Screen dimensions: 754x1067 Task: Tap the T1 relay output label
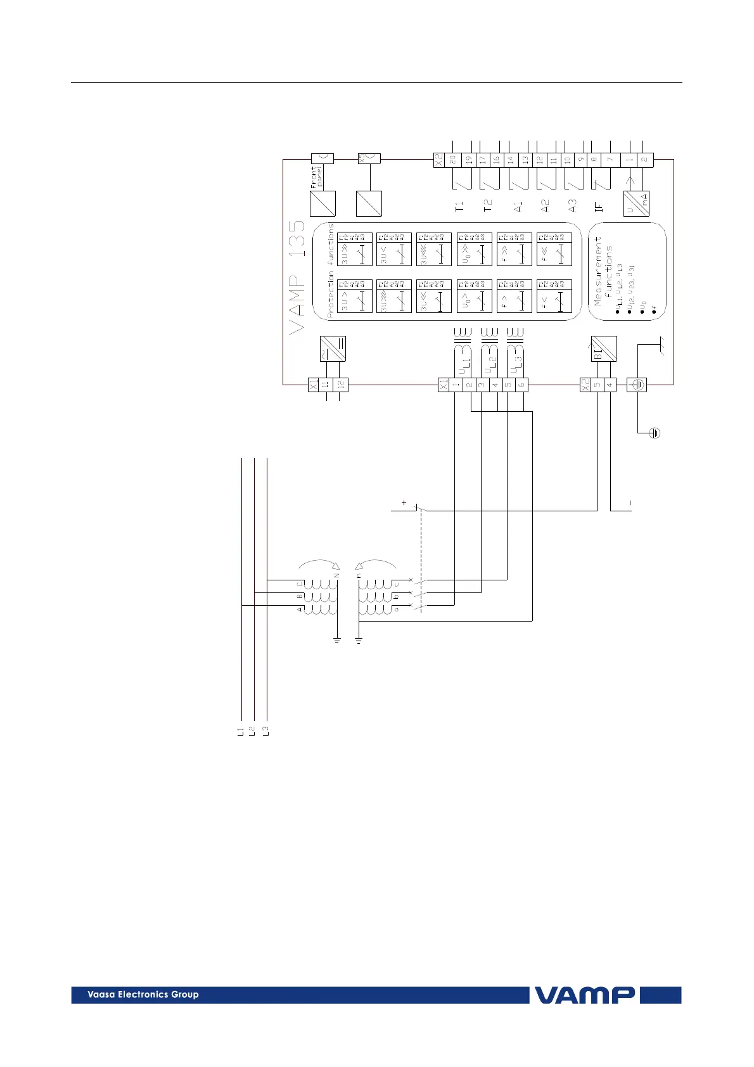pyautogui.click(x=460, y=206)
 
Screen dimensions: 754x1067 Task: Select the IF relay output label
pyautogui.click(x=599, y=206)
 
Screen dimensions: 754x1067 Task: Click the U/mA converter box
pyautogui.click(x=636, y=203)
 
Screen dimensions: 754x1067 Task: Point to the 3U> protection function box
pyautogui.click(x=355, y=296)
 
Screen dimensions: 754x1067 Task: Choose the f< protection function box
pyautogui.click(x=554, y=296)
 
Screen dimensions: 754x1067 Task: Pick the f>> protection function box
pyautogui.click(x=514, y=249)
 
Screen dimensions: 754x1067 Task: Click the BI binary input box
pyautogui.click(x=604, y=348)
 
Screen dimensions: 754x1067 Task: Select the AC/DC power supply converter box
pyautogui.click(x=333, y=348)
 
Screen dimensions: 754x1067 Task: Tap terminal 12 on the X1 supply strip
pyautogui.click(x=341, y=385)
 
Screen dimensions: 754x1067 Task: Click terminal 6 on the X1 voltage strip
pyautogui.click(x=521, y=385)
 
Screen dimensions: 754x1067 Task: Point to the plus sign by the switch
pyautogui.click(x=404, y=503)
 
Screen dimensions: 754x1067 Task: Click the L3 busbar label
pyautogui.click(x=266, y=731)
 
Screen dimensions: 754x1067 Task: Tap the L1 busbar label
pyautogui.click(x=240, y=731)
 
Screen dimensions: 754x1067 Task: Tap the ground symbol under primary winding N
pyautogui.click(x=337, y=641)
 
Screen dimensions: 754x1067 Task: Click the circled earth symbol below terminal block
pyautogui.click(x=655, y=433)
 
